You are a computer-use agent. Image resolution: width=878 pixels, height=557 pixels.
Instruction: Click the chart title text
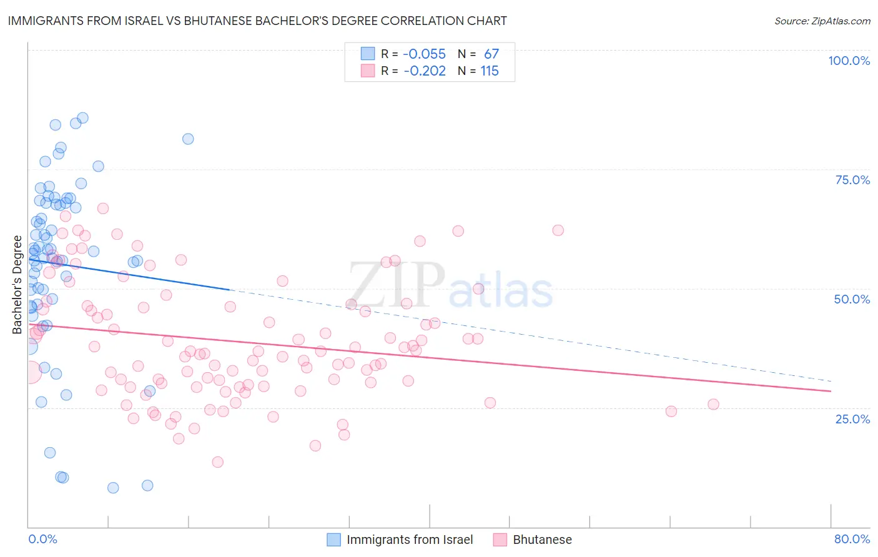258,21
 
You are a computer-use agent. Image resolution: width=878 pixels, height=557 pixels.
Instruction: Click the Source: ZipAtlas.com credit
822,21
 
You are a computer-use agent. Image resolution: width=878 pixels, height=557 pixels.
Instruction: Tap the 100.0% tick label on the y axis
849,61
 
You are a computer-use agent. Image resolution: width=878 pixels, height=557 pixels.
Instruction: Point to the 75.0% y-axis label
852,180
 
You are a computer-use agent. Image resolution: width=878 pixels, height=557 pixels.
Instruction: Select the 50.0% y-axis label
852,299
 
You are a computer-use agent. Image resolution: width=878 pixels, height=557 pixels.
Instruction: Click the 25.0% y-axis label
852,419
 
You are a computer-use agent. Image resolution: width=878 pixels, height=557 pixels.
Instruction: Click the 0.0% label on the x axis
42,539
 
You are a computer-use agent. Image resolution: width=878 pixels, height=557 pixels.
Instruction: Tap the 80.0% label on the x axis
852,539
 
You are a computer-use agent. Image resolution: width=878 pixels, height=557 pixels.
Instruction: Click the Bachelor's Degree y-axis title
17,284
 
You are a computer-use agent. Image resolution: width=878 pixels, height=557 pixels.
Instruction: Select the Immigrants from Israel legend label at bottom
410,540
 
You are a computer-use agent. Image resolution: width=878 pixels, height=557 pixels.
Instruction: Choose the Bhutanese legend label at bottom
542,540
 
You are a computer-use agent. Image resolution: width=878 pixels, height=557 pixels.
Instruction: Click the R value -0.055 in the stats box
424,54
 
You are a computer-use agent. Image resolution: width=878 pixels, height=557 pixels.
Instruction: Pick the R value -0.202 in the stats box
424,71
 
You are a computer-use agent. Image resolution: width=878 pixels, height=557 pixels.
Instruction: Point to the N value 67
491,54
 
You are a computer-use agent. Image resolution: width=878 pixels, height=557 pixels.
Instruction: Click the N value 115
490,71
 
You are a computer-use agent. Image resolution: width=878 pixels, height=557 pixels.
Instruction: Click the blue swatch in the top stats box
368,54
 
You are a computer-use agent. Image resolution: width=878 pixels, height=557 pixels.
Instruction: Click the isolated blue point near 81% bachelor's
188,139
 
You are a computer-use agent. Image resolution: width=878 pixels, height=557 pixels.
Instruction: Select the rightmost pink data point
713,404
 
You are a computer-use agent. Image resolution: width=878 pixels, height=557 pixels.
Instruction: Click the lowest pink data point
217,462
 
